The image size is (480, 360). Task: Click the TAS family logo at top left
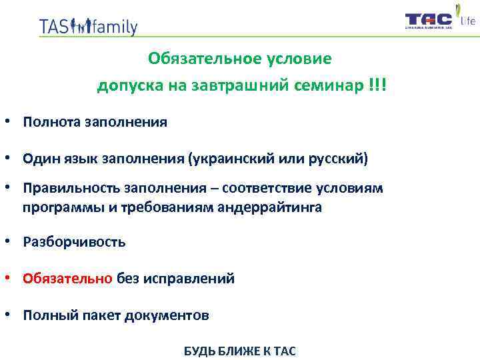[88, 26]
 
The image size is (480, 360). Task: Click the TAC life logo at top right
[440, 19]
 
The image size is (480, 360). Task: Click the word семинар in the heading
[330, 86]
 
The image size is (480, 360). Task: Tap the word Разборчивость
[74, 241]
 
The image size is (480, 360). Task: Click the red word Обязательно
[67, 278]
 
